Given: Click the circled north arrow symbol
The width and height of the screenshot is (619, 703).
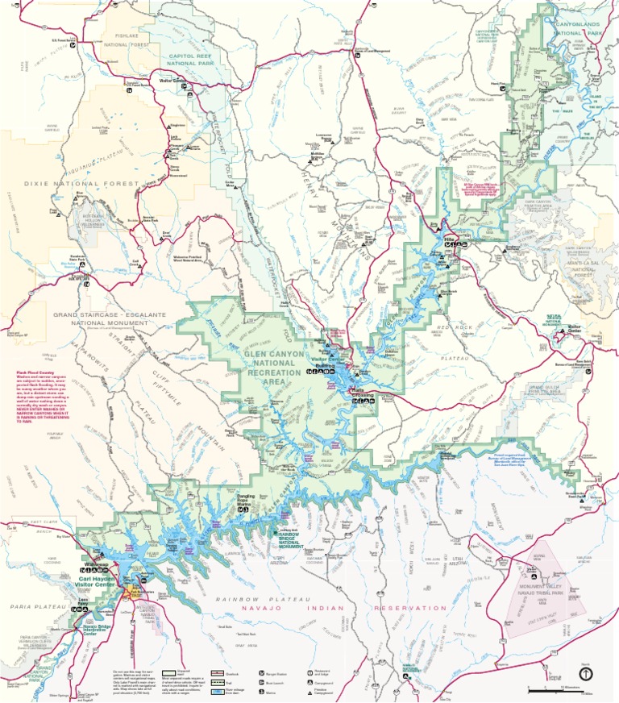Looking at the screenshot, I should (x=585, y=672).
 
